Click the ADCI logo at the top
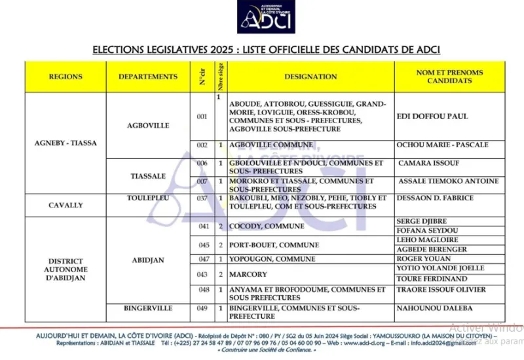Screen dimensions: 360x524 coord(266,18)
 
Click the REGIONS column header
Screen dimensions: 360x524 coord(65,77)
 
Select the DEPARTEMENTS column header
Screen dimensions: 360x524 coord(148,77)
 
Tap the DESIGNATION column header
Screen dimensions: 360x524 coord(310,77)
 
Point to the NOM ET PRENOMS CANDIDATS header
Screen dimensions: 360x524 coord(449,77)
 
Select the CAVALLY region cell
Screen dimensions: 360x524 coord(65,205)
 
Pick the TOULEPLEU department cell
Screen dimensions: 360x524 coord(148,198)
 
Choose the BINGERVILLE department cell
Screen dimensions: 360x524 coord(148,308)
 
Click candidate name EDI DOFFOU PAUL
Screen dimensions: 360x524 coord(432,117)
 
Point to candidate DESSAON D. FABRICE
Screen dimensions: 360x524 coord(435,198)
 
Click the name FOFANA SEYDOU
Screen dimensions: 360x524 coord(427,231)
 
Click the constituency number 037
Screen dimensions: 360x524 coord(202,198)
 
